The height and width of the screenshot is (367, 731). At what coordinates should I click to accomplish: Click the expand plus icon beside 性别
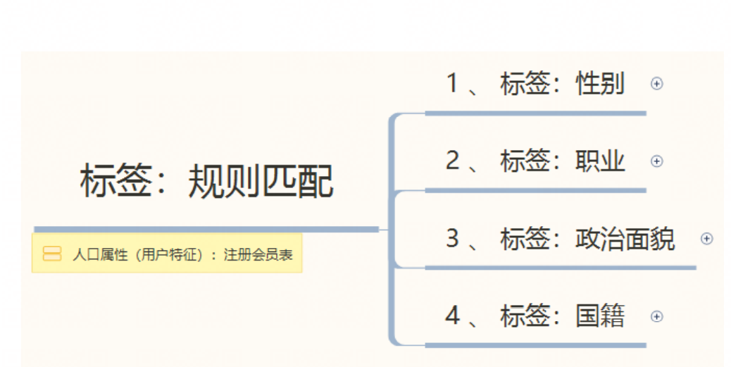[x=656, y=84]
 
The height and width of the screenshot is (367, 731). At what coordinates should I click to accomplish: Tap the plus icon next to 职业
[x=656, y=161]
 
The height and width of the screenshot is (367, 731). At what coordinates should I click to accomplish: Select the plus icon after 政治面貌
[x=706, y=239]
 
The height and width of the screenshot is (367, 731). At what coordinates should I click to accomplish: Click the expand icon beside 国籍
[x=656, y=316]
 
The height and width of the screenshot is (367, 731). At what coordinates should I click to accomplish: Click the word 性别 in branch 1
[x=600, y=84]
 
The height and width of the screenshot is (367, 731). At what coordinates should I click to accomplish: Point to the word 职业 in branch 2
[x=600, y=161]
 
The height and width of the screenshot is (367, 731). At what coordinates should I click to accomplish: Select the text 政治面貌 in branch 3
[x=625, y=239]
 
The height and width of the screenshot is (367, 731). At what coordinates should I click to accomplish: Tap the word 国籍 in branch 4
[x=600, y=316]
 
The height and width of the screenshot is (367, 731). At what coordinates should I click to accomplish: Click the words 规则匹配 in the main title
[x=261, y=182]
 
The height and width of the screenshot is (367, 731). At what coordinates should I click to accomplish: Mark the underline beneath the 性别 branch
[x=535, y=113]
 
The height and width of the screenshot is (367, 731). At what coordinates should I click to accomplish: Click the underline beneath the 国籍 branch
[x=535, y=345]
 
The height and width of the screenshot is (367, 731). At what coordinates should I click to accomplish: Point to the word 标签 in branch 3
[x=525, y=239]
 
